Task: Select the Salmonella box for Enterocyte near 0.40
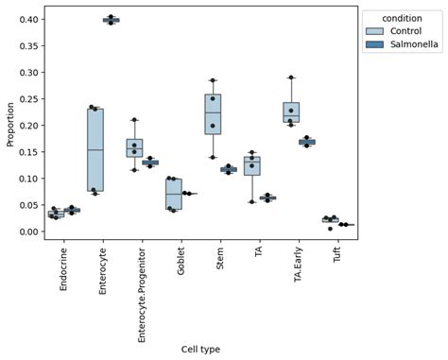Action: pos(112,20)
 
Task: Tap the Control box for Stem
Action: pos(213,114)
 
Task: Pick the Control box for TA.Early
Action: pos(291,112)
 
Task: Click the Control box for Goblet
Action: pos(173,193)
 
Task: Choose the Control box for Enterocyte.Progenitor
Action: pos(134,148)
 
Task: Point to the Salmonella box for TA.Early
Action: pos(307,142)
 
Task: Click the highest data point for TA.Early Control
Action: pos(291,77)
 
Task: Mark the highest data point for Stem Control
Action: pos(213,80)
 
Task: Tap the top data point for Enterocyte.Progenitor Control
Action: pos(134,120)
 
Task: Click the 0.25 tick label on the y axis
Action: pos(28,99)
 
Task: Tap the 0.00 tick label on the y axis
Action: pos(28,231)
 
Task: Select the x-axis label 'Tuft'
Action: pos(338,261)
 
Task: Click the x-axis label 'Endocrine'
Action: pos(63,271)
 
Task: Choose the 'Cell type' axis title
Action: pos(200,349)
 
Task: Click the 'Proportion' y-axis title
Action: pos(9,126)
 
